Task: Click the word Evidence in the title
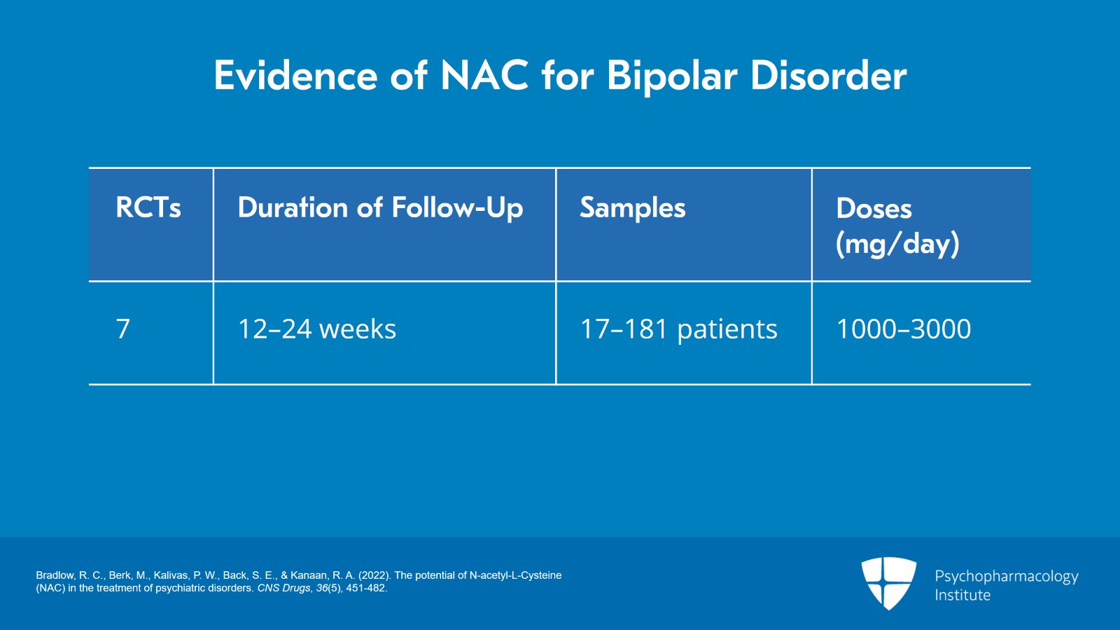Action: [295, 76]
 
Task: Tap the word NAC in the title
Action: [484, 76]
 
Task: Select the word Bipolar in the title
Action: [671, 76]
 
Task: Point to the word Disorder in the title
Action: [828, 76]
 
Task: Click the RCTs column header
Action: [148, 208]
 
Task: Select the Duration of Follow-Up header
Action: [380, 208]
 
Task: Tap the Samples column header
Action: [632, 208]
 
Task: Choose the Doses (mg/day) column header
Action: [897, 226]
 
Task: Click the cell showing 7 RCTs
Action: [123, 329]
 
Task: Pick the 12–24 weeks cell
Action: [316, 329]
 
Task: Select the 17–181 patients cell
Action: [678, 329]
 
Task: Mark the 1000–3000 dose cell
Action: [903, 329]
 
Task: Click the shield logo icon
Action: [888, 582]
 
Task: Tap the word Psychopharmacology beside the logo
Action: [1006, 577]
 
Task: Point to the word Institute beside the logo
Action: [962, 596]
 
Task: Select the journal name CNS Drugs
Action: [283, 588]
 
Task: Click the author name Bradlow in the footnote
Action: [55, 575]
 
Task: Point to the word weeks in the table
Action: [357, 329]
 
